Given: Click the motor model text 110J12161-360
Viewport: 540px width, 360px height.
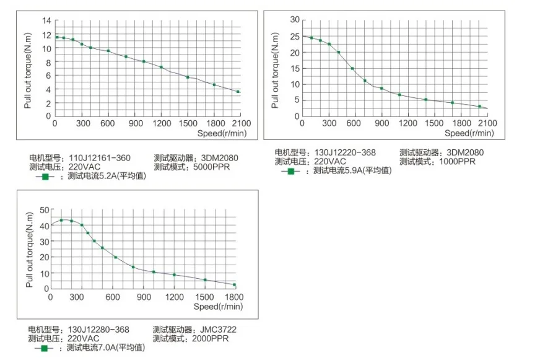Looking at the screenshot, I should point(99,158).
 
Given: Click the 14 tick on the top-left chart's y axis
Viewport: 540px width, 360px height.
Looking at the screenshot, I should point(46,21).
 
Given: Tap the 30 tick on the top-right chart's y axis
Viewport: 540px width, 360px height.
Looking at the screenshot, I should point(295,20).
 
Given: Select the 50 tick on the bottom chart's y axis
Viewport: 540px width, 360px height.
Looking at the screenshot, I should point(44,210).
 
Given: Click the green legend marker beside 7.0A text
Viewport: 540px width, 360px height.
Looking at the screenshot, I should point(44,348).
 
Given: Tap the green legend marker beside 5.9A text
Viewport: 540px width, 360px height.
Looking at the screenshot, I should point(290,170).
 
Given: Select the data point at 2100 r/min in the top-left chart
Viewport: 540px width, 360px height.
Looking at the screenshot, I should point(238,92).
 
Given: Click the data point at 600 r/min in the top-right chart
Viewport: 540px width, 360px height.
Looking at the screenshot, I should point(352,68).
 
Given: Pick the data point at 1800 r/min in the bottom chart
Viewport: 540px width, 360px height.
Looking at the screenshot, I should point(234,285).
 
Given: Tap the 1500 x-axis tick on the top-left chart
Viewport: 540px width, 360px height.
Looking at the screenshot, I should point(188,124).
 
